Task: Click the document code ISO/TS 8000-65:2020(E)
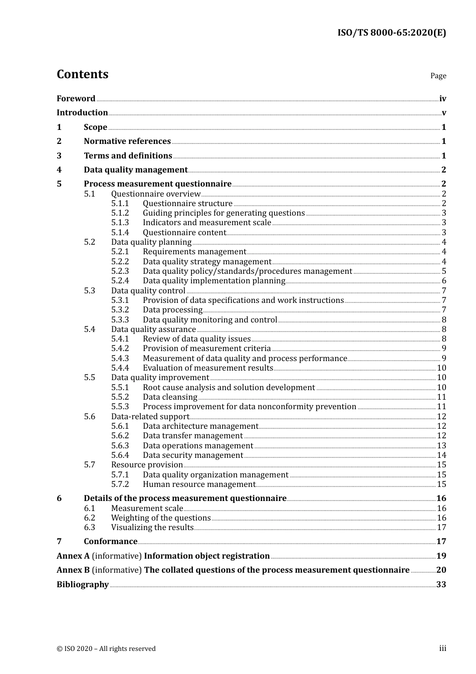(391, 33)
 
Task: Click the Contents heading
(82, 74)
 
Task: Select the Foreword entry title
(76, 99)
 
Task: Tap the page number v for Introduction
(443, 113)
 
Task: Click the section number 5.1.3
(120, 223)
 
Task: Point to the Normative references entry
(127, 141)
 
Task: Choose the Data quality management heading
(135, 170)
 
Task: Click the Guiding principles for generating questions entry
(223, 213)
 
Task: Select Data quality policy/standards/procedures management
(247, 271)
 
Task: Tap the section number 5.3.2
(120, 310)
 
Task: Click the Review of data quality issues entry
(196, 339)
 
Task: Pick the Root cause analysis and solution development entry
(228, 388)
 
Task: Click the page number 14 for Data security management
(441, 455)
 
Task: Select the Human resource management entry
(199, 484)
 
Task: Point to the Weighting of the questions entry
(161, 518)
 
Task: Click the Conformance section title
(110, 542)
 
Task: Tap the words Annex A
(73, 556)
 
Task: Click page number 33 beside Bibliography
(441, 585)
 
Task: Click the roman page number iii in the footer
(442, 648)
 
